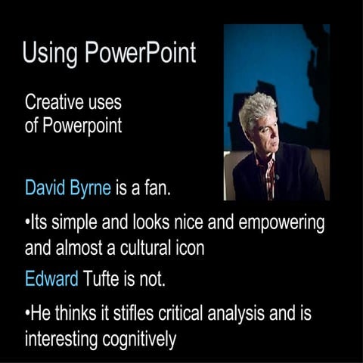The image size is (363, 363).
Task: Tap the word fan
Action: tap(157, 187)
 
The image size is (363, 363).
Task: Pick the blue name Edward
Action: tap(51, 279)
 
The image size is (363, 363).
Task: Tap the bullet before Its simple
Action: tap(27, 225)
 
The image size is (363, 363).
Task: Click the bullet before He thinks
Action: tap(27, 314)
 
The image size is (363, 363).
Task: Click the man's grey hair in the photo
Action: tap(261, 110)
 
